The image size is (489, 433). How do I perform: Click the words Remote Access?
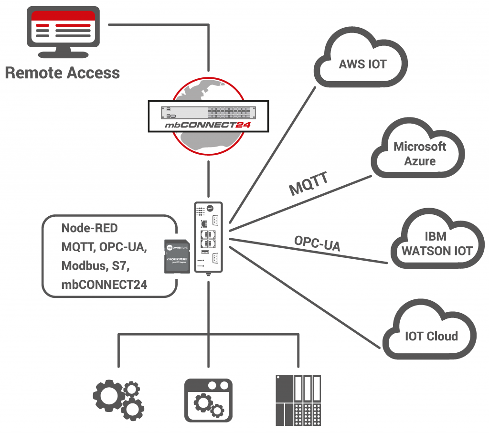[62, 73]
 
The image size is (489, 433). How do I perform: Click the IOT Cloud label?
[431, 336]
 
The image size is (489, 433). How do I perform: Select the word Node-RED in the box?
[89, 228]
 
